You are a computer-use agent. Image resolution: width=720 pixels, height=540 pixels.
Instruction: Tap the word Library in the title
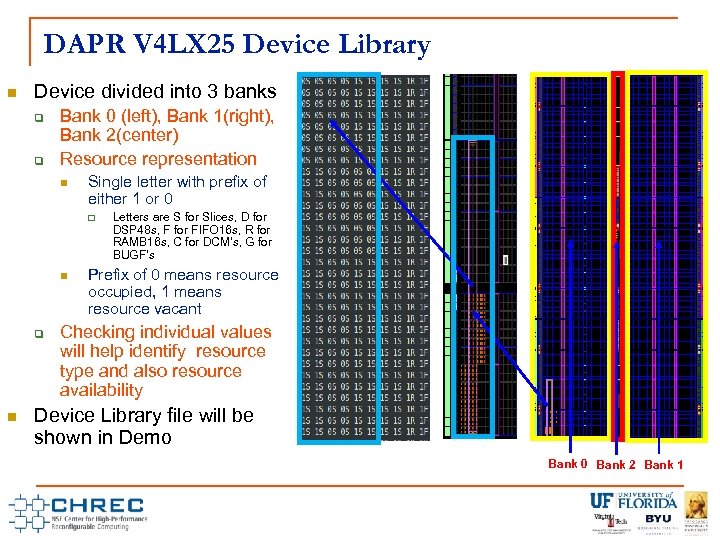pyautogui.click(x=384, y=45)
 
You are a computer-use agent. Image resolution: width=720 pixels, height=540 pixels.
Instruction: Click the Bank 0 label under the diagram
pyautogui.click(x=568, y=464)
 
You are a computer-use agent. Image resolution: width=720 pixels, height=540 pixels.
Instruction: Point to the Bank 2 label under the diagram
pyautogui.click(x=617, y=464)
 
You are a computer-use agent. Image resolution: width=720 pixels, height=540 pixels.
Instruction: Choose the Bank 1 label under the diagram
pyautogui.click(x=664, y=464)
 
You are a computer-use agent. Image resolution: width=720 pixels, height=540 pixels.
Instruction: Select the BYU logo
pyautogui.click(x=658, y=520)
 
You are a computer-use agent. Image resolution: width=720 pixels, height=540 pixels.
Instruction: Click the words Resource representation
pyautogui.click(x=158, y=158)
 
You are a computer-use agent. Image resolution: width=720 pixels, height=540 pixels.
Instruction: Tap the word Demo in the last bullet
pyautogui.click(x=148, y=437)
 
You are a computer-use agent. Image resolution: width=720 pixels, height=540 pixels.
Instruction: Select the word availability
pyautogui.click(x=101, y=390)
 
